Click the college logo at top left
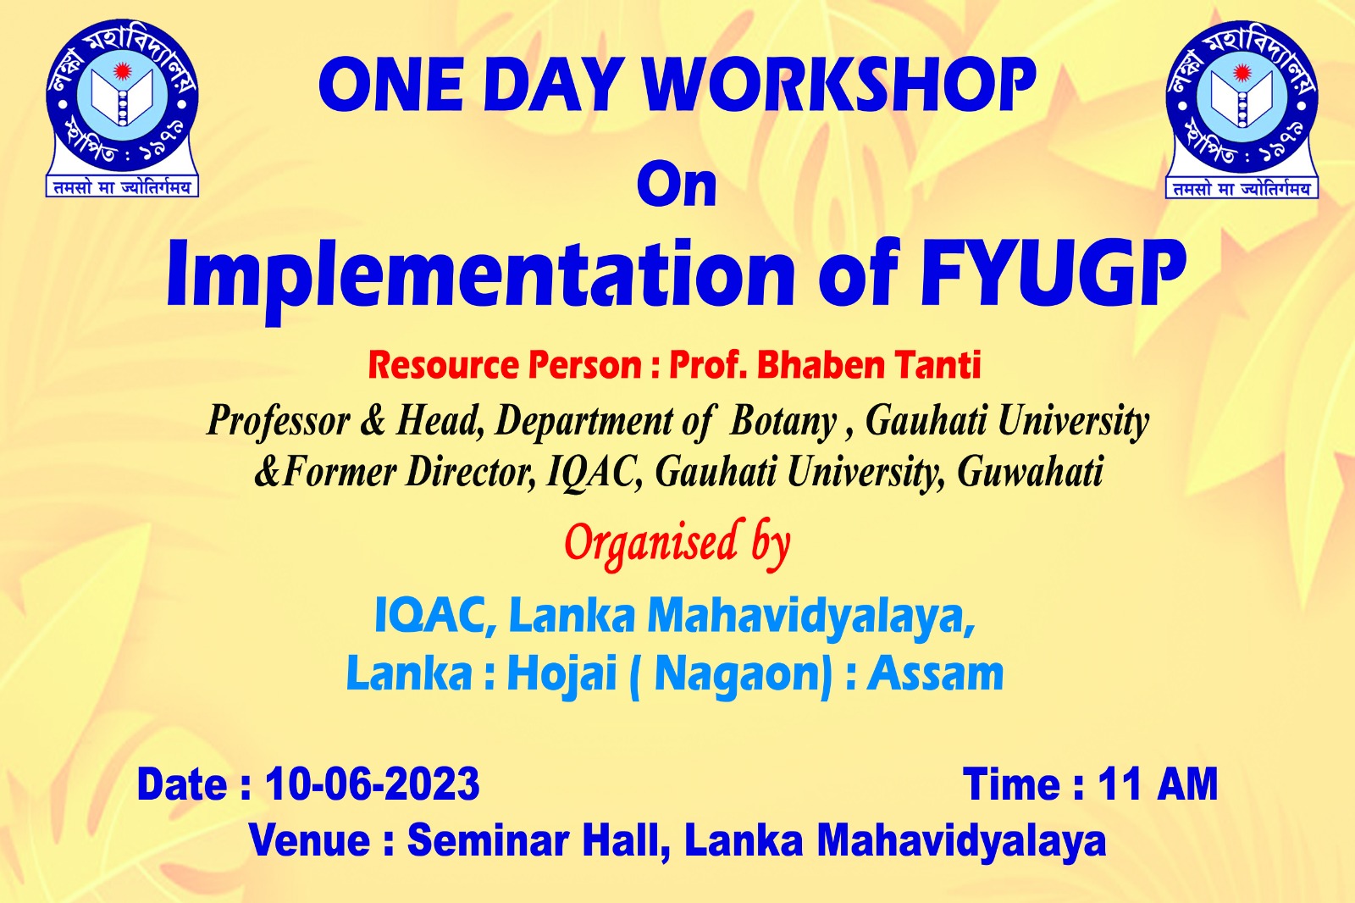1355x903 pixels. (122, 108)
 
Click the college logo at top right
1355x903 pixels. (1242, 109)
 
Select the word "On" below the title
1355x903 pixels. (677, 184)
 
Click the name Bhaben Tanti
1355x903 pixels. (869, 365)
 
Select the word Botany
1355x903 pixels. (783, 421)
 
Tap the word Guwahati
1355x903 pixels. (1030, 472)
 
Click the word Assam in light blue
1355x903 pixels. (936, 673)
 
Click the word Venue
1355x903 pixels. (309, 840)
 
